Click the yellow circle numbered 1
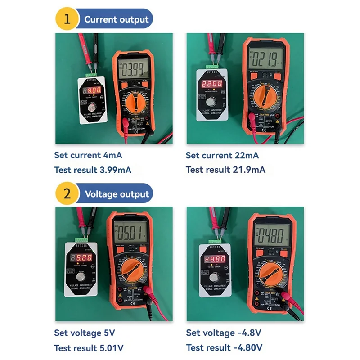66,19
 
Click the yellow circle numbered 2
66,194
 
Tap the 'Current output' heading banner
116,19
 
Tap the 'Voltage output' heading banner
117,194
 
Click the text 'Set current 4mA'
88,155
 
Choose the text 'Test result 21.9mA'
225,170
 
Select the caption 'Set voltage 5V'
85,333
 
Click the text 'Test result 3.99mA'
93,170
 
